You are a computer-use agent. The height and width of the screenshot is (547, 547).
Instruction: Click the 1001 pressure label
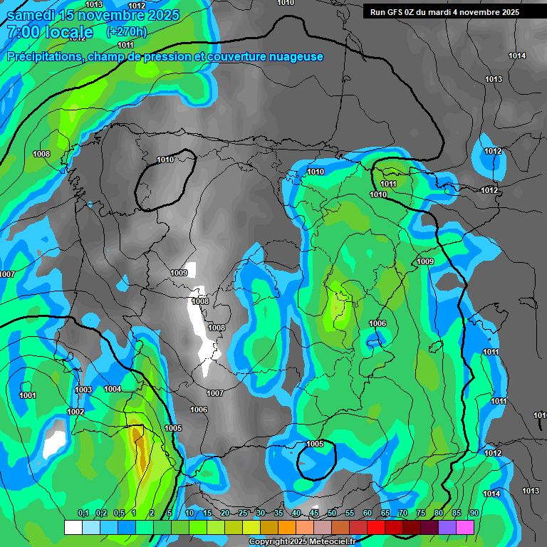[x=28, y=395]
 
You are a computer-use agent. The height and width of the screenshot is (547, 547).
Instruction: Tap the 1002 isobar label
[x=75, y=412]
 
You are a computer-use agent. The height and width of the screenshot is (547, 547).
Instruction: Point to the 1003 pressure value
[x=83, y=390]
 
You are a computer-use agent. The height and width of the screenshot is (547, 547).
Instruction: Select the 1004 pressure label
[x=113, y=389]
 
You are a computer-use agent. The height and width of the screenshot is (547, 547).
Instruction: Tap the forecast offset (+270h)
[x=126, y=32]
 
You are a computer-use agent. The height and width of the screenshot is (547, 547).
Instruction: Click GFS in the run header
[x=397, y=12]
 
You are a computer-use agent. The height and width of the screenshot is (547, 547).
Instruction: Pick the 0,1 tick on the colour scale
[x=83, y=514]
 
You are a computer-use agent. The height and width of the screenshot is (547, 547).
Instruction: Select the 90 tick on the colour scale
[x=474, y=514]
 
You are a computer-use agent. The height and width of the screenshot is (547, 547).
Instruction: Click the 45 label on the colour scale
[x=314, y=514]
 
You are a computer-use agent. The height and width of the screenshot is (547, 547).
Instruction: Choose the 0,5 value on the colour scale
[x=119, y=514]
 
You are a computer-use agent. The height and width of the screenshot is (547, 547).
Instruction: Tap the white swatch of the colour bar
[x=73, y=527]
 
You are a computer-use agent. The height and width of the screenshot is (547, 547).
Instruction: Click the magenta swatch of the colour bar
[x=465, y=527]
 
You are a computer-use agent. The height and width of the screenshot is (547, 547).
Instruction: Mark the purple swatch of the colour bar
[x=447, y=527]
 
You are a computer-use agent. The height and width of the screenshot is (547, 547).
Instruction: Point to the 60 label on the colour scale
[x=368, y=514]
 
